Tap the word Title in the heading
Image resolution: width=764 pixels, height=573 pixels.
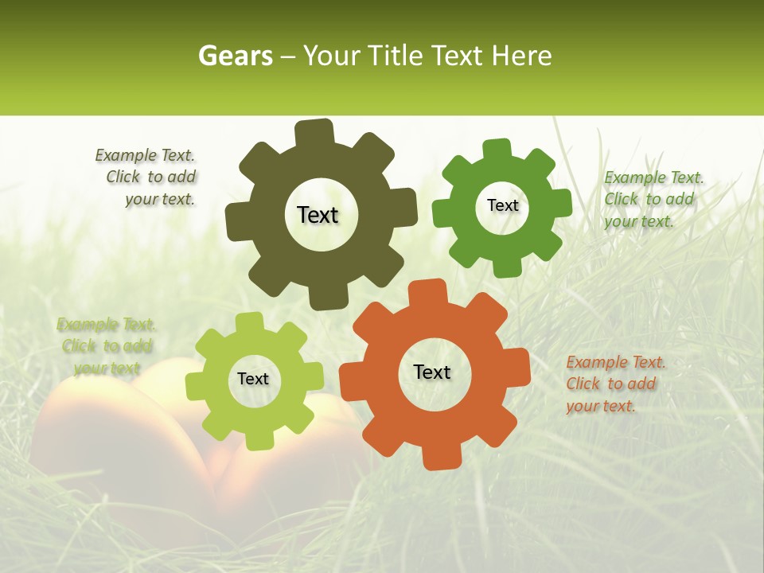coord(395,56)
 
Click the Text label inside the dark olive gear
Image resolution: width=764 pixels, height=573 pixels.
coord(318,215)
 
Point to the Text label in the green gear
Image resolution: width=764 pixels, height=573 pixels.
coord(502,205)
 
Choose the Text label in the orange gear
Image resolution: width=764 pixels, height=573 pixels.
coord(432,372)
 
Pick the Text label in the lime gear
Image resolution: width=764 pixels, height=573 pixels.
coord(253,379)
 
